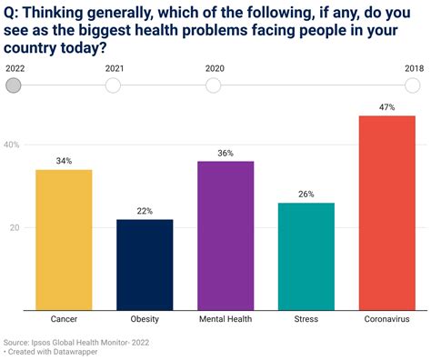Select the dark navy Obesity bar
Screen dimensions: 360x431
pos(145,264)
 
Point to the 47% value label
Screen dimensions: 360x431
pos(387,106)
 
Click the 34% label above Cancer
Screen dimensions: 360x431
pos(64,161)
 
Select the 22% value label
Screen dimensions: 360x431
pos(145,211)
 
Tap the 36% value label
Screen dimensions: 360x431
pos(226,153)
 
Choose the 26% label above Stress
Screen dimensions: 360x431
pos(306,195)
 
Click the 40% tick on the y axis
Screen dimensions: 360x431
pos(13,145)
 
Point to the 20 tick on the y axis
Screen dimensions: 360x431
pos(15,228)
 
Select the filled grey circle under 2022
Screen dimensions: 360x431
pos(14,85)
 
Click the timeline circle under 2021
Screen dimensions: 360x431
pos(113,85)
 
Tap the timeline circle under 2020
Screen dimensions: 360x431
pos(213,85)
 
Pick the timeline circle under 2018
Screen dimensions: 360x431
pos(413,85)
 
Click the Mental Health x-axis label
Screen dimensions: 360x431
pos(226,320)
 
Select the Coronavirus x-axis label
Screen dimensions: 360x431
pos(387,320)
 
